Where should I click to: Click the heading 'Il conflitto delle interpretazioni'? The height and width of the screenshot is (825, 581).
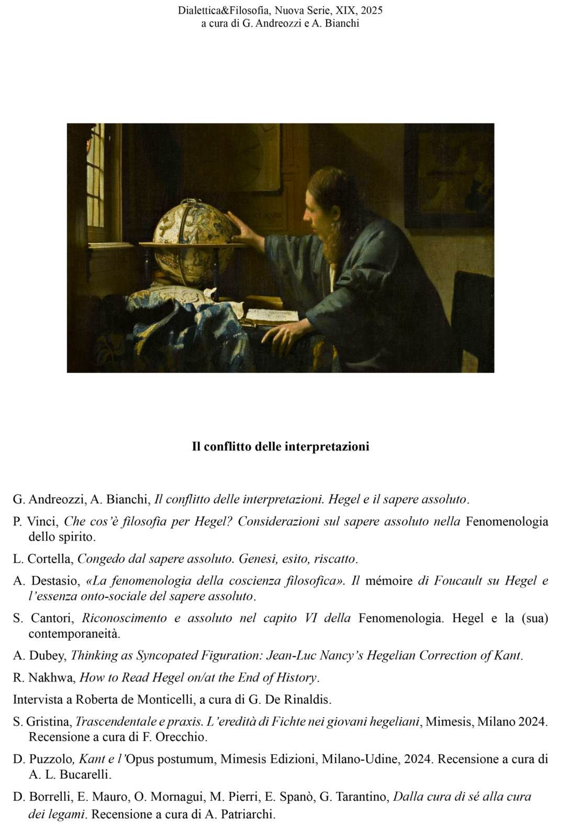pyautogui.click(x=281, y=446)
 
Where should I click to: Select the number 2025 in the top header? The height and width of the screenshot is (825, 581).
pyautogui.click(x=372, y=10)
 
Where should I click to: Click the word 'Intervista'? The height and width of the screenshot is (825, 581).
pyautogui.click(x=41, y=699)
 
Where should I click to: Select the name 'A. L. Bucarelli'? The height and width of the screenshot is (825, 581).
pyautogui.click(x=70, y=774)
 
